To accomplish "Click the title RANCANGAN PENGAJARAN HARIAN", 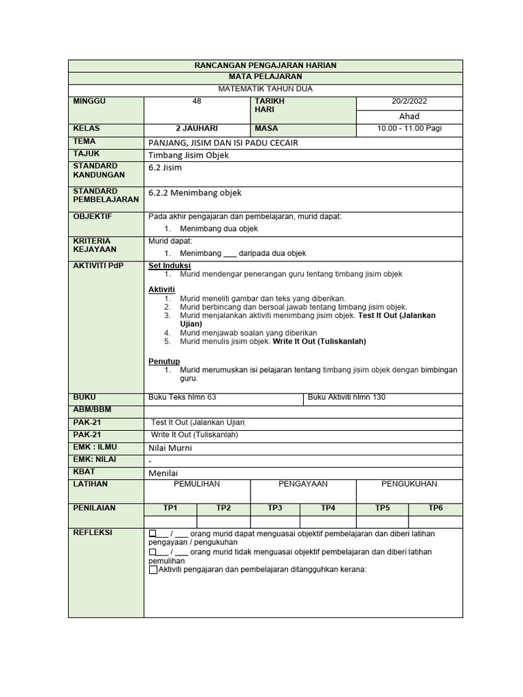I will point(266,65).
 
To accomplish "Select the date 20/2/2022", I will point(409,101).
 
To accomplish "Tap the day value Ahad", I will point(409,116).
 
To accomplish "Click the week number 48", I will point(197,101).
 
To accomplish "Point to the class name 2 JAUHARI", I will point(197,129).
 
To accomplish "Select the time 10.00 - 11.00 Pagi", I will point(409,129).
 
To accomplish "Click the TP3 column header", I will point(275,508).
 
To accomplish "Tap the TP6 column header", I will point(435,508).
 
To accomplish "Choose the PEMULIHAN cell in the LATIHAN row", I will point(197,484).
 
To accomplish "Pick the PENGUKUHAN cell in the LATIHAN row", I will point(409,484).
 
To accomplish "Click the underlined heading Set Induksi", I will point(170,265).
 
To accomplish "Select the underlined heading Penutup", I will point(164,361).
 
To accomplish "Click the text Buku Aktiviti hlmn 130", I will point(347,398).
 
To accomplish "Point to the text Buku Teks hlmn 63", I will point(183,398).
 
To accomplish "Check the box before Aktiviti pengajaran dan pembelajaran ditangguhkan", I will point(153,570).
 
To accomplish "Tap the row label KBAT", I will point(84,472).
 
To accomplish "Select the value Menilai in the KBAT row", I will point(163,472).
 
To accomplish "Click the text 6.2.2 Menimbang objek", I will point(195,193).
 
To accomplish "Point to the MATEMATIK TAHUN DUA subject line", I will point(266,89).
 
